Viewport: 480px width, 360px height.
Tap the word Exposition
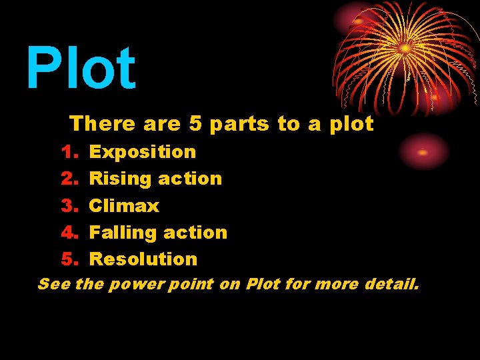click(143, 152)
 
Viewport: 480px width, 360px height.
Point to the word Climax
click(124, 205)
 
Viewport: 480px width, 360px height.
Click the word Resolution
click(143, 259)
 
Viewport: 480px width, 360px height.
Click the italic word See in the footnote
click(53, 285)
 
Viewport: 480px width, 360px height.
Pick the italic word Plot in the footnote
click(262, 285)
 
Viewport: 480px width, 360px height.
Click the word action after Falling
click(196, 232)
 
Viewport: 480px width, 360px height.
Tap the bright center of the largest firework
click(405, 48)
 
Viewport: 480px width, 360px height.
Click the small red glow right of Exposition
click(423, 152)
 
